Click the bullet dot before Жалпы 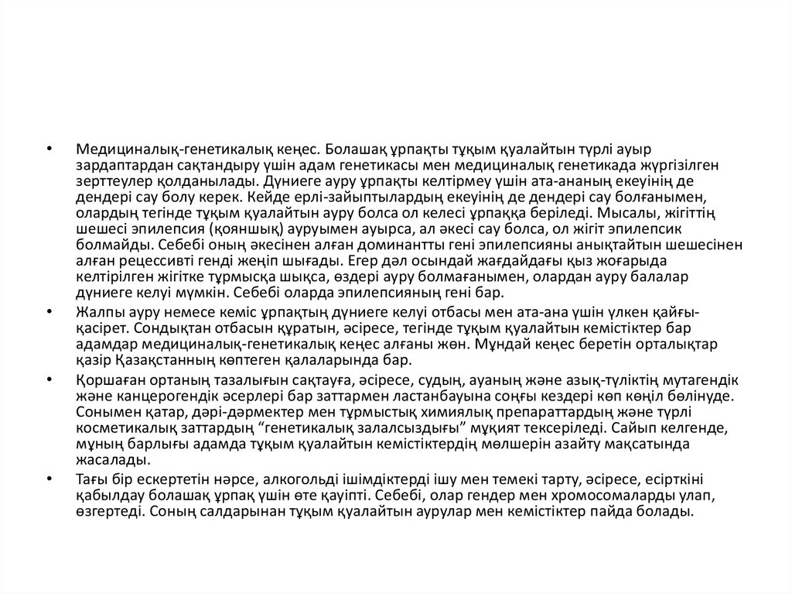click(x=49, y=311)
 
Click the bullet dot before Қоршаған click(x=49, y=380)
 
